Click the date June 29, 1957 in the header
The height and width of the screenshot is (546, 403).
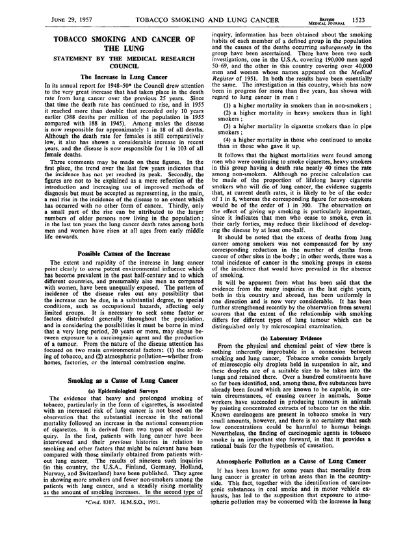tap(55, 19)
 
